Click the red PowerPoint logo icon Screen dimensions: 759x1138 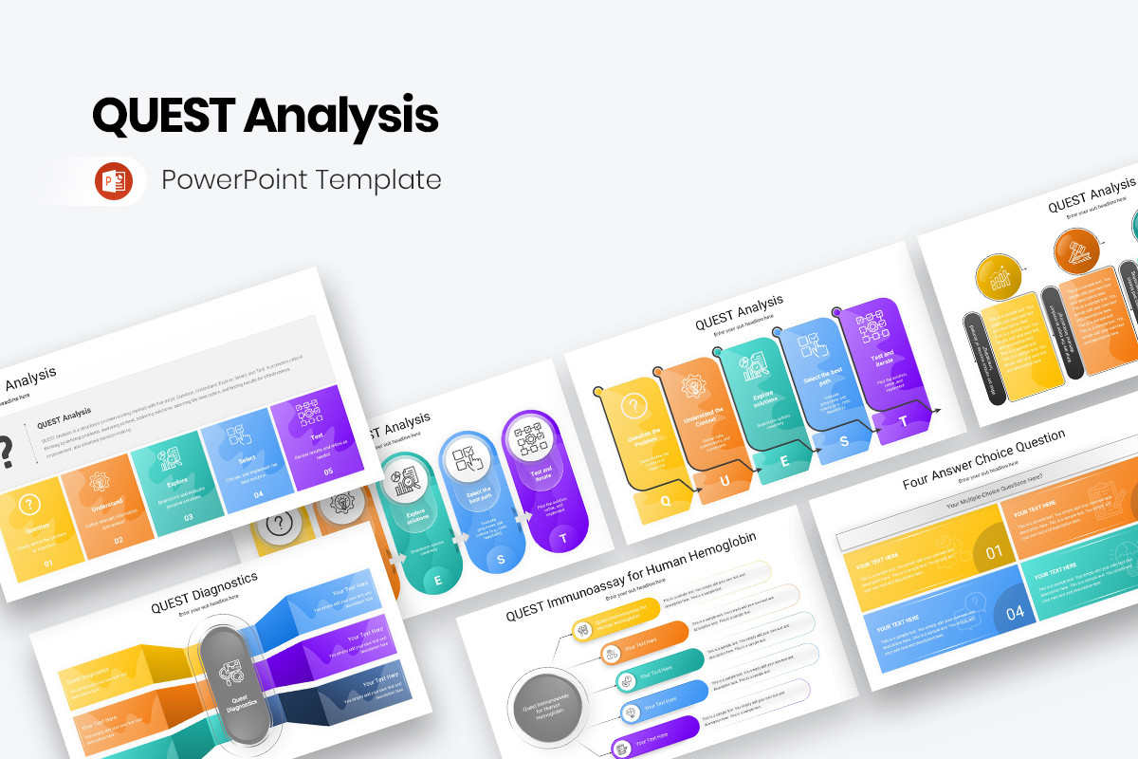point(112,180)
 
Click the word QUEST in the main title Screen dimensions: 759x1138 point(162,116)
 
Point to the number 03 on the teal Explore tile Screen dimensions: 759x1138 point(189,517)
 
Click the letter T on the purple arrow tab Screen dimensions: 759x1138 point(903,421)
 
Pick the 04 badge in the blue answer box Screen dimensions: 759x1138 point(1015,613)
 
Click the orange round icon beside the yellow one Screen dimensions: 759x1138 point(1076,252)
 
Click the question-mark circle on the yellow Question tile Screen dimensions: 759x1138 point(29,504)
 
